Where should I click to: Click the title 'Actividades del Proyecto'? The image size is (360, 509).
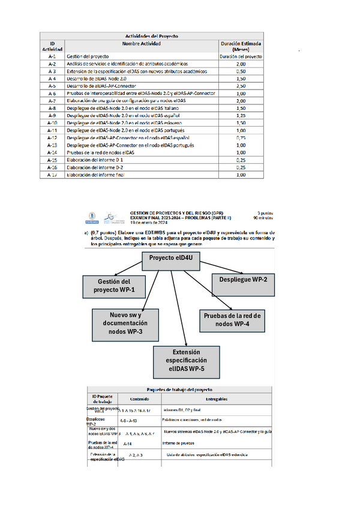coord(151,36)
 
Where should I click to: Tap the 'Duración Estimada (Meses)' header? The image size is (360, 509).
coord(241,46)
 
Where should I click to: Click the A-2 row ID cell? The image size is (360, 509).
coord(52,64)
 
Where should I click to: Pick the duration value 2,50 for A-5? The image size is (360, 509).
coord(241,86)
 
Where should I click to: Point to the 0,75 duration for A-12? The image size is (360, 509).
coord(241,137)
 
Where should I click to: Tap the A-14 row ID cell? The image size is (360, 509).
coord(52,152)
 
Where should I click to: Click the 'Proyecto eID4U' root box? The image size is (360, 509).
coord(171,259)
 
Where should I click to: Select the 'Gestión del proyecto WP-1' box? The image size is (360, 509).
coord(114,286)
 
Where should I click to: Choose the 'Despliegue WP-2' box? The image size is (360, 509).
coord(243,280)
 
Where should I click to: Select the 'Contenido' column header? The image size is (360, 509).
coord(140,399)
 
